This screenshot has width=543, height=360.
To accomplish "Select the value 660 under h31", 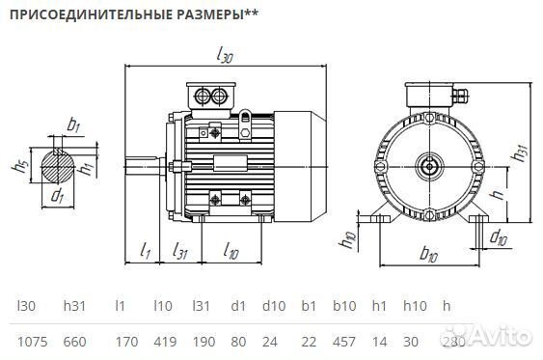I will [x=75, y=342].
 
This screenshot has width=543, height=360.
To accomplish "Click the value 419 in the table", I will [x=164, y=342].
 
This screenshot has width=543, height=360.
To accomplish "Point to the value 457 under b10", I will [x=344, y=342].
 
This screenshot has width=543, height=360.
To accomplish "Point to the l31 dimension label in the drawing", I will [x=180, y=252].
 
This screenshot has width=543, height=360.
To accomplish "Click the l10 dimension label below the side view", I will [x=230, y=252].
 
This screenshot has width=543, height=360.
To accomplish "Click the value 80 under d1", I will [x=236, y=342].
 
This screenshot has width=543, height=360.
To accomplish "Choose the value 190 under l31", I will [x=201, y=342].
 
